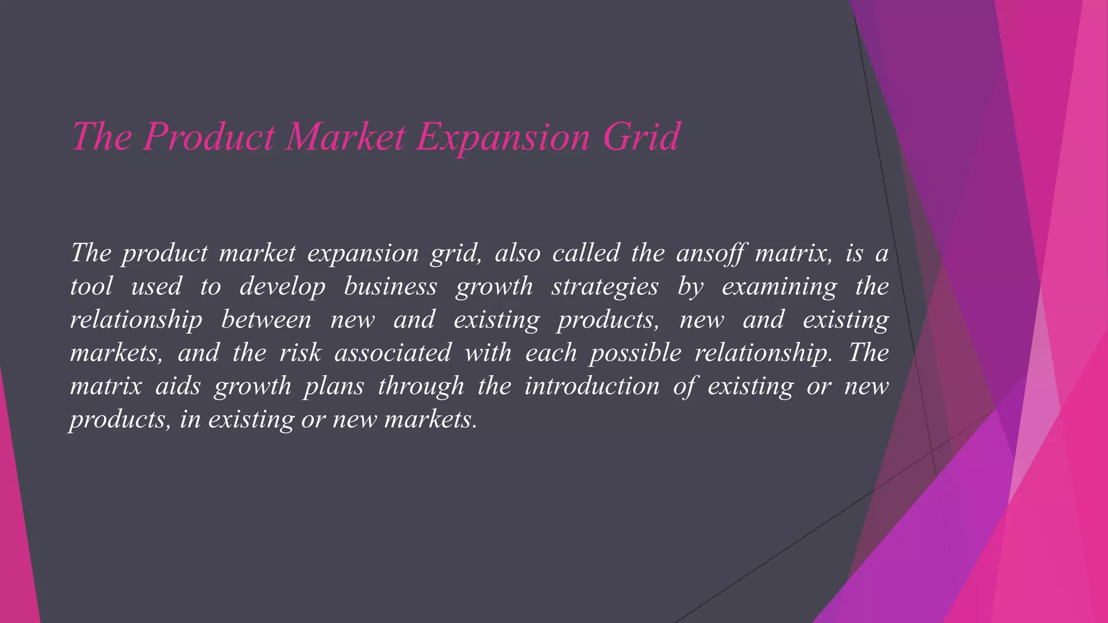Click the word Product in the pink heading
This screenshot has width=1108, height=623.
click(x=209, y=136)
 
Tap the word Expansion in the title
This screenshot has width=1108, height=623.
click(x=503, y=137)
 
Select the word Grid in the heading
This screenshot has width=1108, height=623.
click(x=641, y=136)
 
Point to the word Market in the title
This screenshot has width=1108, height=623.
click(x=346, y=136)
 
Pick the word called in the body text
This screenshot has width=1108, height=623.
click(x=586, y=253)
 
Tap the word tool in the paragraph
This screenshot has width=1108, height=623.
click(x=91, y=286)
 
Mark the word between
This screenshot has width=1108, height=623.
click(x=266, y=320)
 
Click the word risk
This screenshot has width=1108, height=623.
click(x=300, y=353)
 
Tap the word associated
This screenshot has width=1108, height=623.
click(x=393, y=353)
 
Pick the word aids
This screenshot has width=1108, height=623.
click(x=178, y=386)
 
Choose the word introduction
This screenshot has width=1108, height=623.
click(x=592, y=386)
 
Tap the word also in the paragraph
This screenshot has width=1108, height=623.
click(x=518, y=253)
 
